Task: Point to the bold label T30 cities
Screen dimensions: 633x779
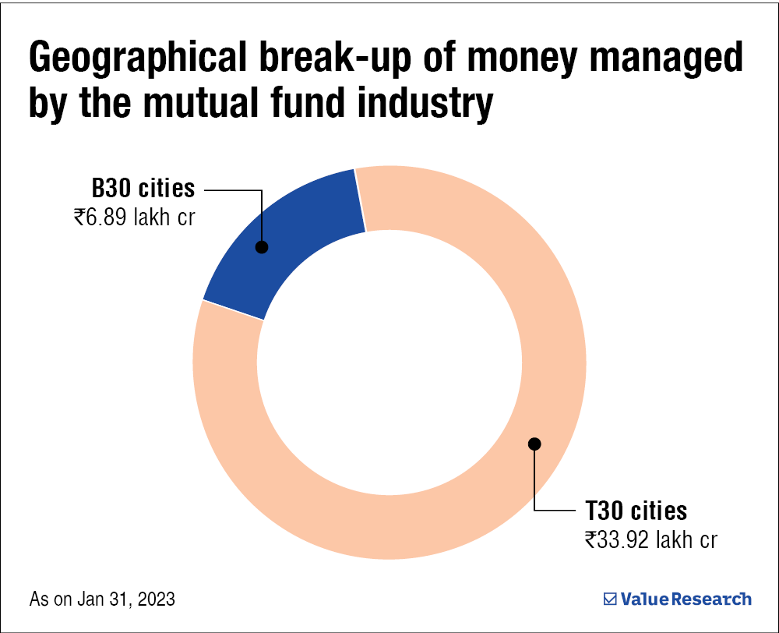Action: click(x=636, y=511)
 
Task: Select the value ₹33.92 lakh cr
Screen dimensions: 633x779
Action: click(x=651, y=539)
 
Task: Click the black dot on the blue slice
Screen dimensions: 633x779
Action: click(x=262, y=247)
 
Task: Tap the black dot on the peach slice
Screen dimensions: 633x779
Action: click(x=534, y=444)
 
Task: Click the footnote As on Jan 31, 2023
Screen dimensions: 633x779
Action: click(x=102, y=599)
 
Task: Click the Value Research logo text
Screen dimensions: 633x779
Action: click(x=686, y=599)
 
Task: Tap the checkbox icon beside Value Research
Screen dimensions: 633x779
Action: click(x=610, y=599)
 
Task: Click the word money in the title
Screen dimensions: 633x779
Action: click(x=499, y=60)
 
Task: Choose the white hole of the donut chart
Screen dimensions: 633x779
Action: click(x=389, y=362)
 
